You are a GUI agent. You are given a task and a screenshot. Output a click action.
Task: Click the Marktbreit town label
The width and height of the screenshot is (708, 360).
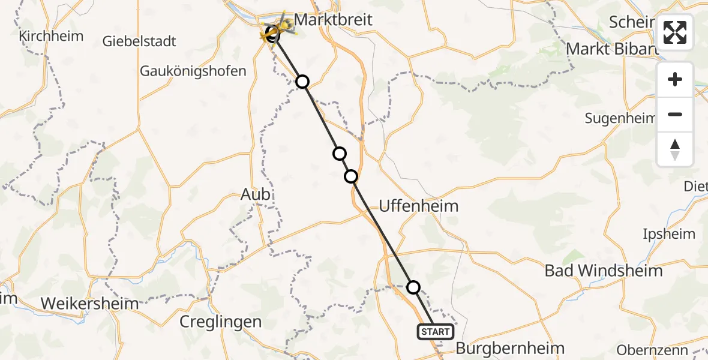click(x=334, y=20)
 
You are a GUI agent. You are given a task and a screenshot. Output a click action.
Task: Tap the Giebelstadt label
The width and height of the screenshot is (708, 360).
click(x=139, y=41)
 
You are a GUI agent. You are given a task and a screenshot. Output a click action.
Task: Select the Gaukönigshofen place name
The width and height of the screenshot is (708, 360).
click(x=193, y=71)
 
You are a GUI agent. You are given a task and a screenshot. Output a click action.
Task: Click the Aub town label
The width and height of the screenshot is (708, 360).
click(x=255, y=194)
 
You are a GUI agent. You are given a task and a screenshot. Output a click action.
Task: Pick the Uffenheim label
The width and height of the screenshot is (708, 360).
click(x=418, y=206)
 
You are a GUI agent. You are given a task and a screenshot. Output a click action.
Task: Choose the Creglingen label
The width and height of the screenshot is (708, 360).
click(x=221, y=322)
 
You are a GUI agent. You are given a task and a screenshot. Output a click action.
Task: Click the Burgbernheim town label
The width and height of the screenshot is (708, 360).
click(x=510, y=348)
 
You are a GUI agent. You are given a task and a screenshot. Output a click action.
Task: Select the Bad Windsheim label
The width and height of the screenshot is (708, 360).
click(x=603, y=271)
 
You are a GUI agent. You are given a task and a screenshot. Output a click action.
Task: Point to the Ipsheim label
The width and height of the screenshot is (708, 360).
click(x=668, y=234)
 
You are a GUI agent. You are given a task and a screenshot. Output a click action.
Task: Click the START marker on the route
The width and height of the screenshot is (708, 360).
click(x=435, y=332)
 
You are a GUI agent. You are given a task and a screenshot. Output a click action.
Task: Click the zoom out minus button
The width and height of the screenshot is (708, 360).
click(x=675, y=114)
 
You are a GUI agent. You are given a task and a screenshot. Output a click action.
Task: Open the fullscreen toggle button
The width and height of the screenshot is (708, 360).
click(x=675, y=32)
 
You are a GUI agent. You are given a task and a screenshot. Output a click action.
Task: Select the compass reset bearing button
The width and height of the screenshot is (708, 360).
click(x=675, y=149)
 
